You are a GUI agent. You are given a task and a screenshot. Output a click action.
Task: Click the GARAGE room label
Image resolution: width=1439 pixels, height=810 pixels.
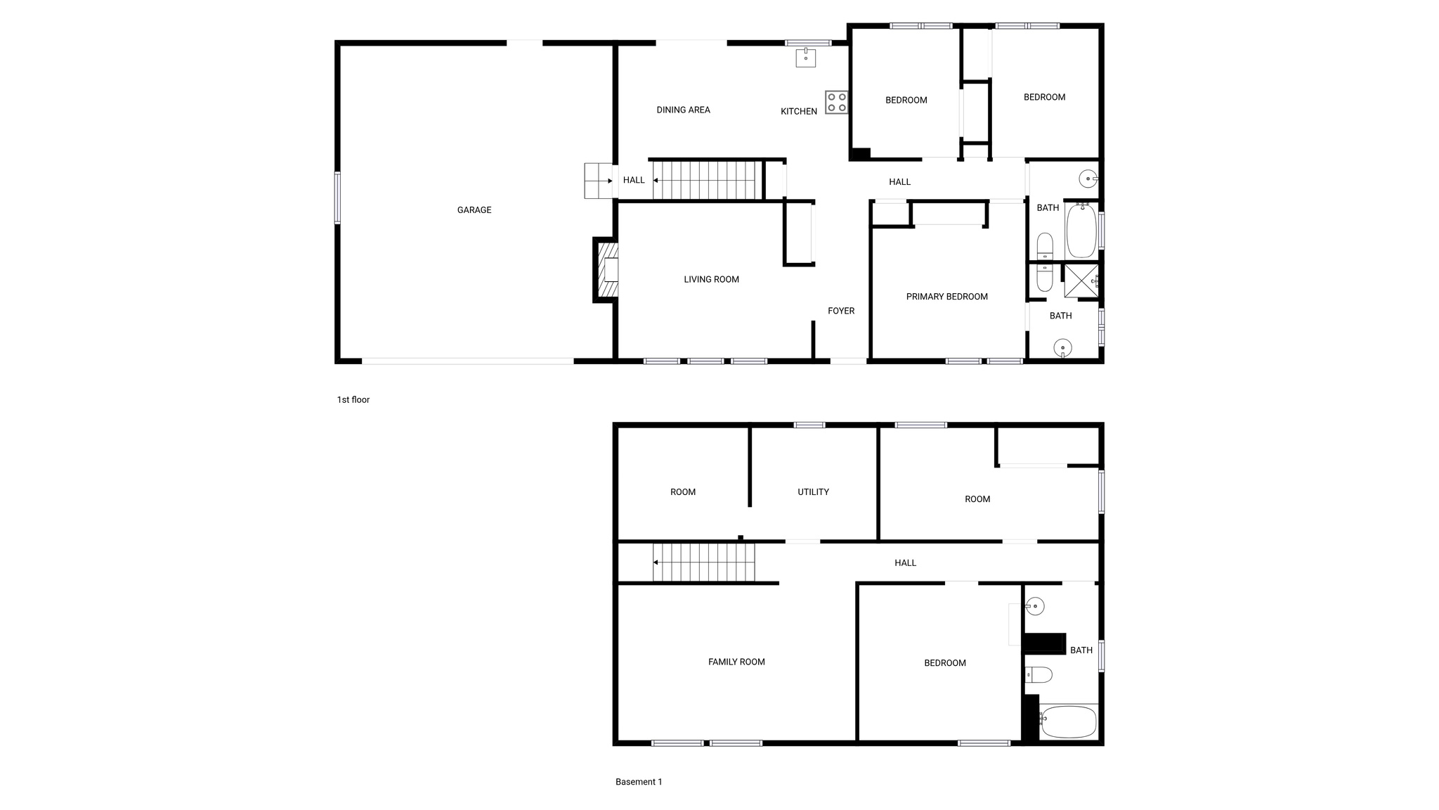(x=474, y=210)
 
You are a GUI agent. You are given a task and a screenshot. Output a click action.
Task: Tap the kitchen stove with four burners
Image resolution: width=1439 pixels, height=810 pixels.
(x=836, y=103)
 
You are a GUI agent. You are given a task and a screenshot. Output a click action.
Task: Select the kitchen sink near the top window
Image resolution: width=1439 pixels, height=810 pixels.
(x=805, y=58)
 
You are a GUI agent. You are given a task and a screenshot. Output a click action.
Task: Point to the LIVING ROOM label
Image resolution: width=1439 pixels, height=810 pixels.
(x=711, y=280)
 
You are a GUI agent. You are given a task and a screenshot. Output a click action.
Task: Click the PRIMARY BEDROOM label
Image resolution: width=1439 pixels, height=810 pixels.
(x=946, y=297)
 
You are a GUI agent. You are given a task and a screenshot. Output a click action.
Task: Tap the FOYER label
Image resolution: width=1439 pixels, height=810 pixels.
(x=841, y=311)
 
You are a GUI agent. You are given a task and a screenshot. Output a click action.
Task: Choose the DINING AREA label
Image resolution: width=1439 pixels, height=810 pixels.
(x=683, y=110)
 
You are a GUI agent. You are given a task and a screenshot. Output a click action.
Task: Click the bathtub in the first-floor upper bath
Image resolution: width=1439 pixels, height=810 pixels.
(x=1081, y=230)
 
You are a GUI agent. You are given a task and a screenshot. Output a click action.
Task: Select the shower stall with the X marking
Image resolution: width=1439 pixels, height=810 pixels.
(x=1081, y=281)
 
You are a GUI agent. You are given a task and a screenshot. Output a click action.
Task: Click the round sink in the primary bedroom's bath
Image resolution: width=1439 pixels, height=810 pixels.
(x=1062, y=347)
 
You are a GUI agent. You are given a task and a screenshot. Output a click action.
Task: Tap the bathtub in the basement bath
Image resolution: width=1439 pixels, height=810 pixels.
(x=1068, y=722)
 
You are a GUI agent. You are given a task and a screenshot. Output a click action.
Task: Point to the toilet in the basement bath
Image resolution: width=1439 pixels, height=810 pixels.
(x=1038, y=675)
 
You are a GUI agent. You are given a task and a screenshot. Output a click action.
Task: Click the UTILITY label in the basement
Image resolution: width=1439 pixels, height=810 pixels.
(x=813, y=492)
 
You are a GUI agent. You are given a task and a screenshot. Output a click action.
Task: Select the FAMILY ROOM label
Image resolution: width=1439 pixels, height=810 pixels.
(x=736, y=662)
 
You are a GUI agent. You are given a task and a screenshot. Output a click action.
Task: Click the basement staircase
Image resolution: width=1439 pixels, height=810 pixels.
(x=704, y=562)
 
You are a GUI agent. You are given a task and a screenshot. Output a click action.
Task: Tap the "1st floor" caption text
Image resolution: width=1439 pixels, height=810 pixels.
(x=353, y=400)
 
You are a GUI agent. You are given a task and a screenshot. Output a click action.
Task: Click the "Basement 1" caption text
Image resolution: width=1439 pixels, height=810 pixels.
(x=639, y=782)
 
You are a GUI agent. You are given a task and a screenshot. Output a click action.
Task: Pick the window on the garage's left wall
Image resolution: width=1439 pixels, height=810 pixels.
(x=337, y=198)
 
